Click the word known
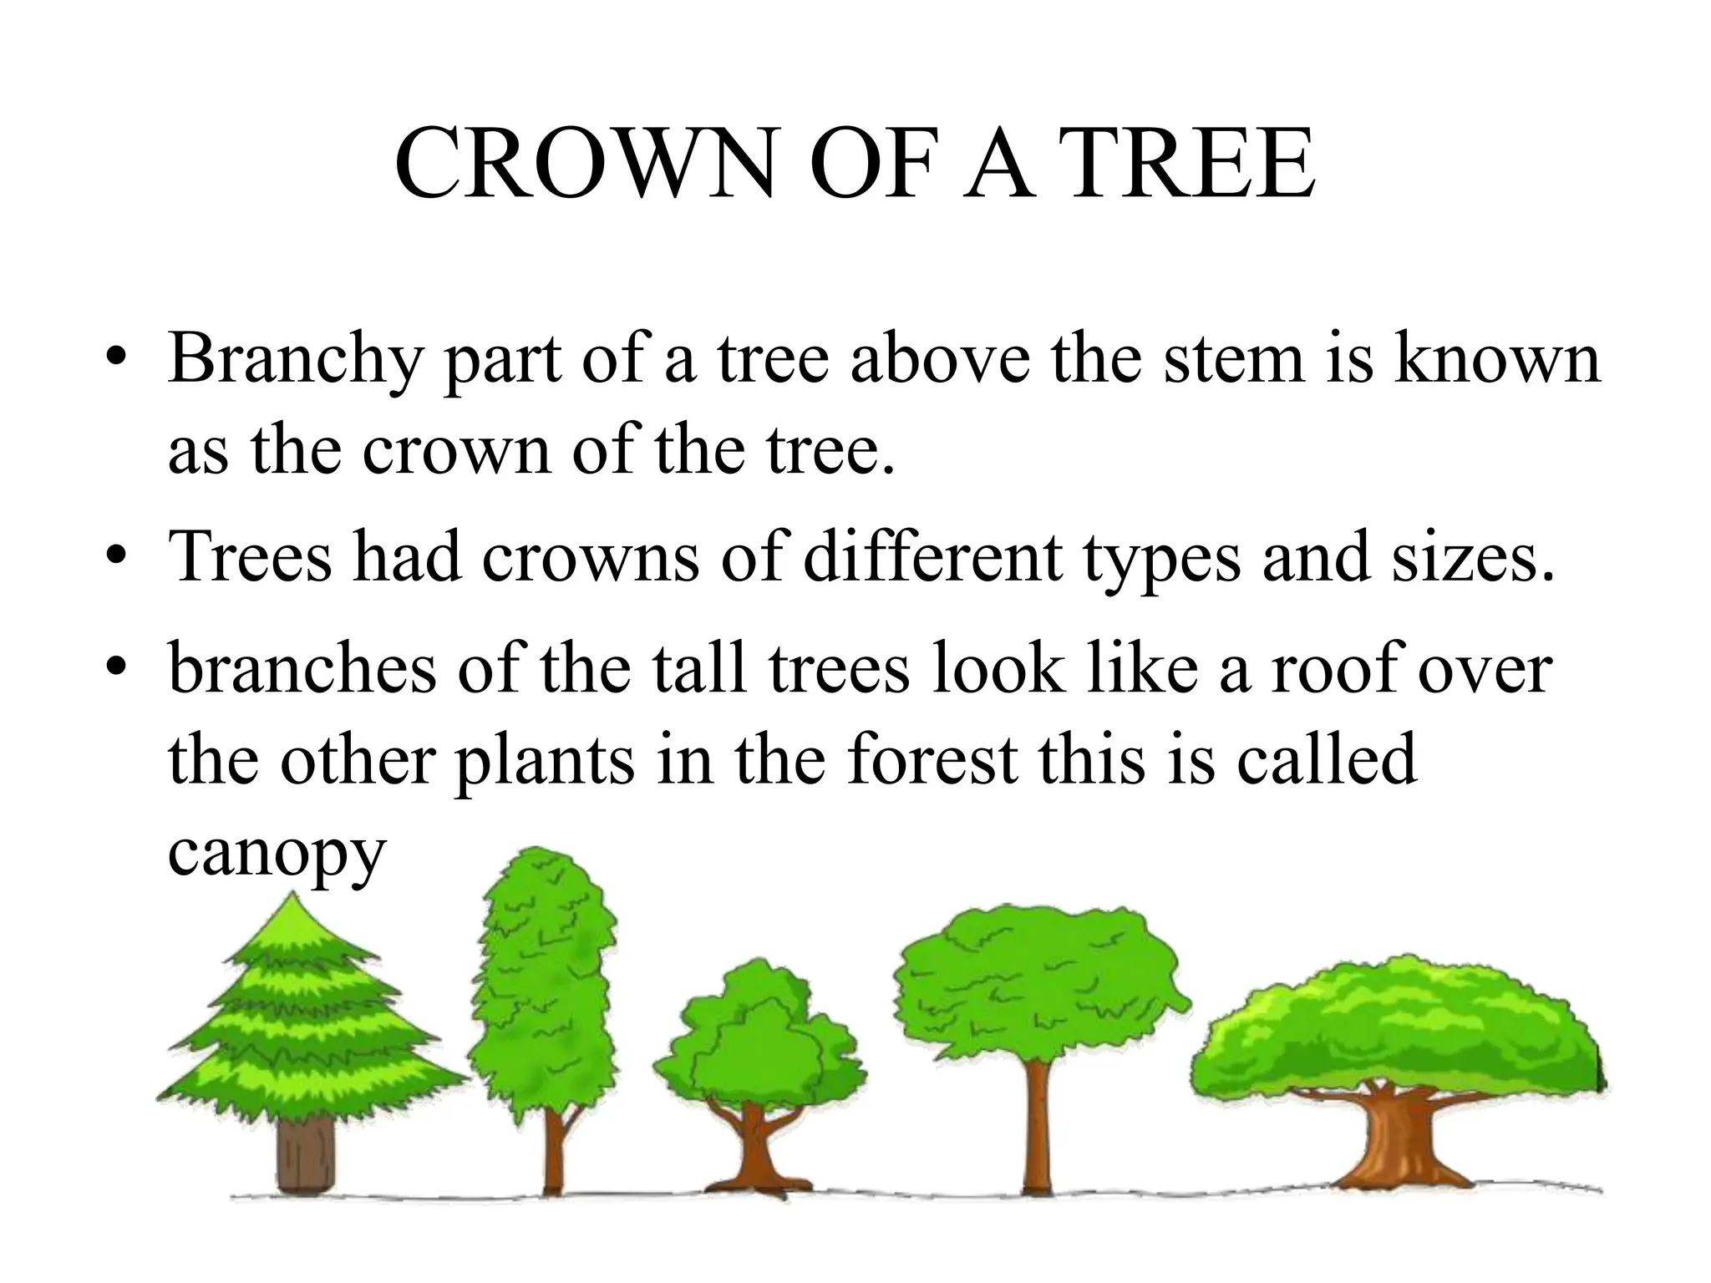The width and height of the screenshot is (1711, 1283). pyautogui.click(x=1497, y=358)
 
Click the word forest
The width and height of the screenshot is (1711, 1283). pyautogui.click(x=932, y=760)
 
